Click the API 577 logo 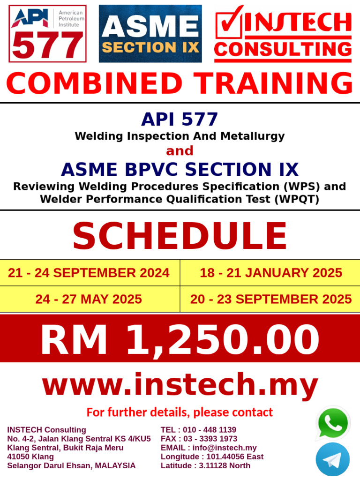pyautogui.click(x=47, y=34)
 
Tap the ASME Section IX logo pyautogui.click(x=150, y=34)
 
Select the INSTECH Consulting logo pyautogui.click(x=283, y=34)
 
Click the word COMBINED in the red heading pyautogui.click(x=94, y=83)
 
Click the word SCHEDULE pyautogui.click(x=180, y=236)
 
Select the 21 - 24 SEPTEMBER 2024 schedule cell pyautogui.click(x=89, y=273)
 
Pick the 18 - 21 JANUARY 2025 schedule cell pyautogui.click(x=270, y=273)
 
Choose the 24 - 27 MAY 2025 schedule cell pyautogui.click(x=89, y=299)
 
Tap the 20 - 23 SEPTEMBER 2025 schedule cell pyautogui.click(x=270, y=299)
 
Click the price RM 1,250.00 pyautogui.click(x=180, y=340)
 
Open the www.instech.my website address pyautogui.click(x=180, y=386)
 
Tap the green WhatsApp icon pyautogui.click(x=333, y=423)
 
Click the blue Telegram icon pyautogui.click(x=332, y=459)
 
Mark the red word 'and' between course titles pyautogui.click(x=180, y=150)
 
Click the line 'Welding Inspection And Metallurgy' pyautogui.click(x=180, y=136)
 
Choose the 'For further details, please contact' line pyautogui.click(x=180, y=412)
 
